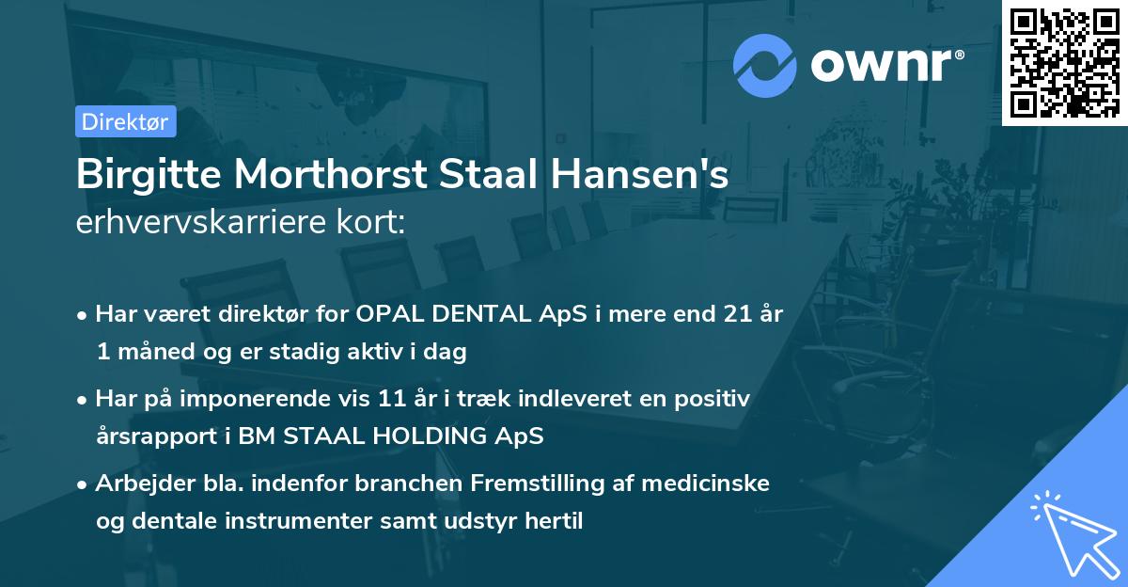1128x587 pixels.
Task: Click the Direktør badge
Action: point(125,121)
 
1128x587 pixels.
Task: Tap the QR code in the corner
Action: point(1065,62)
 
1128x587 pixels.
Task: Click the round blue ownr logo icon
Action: point(765,66)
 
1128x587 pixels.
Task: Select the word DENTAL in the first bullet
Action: point(466,314)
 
